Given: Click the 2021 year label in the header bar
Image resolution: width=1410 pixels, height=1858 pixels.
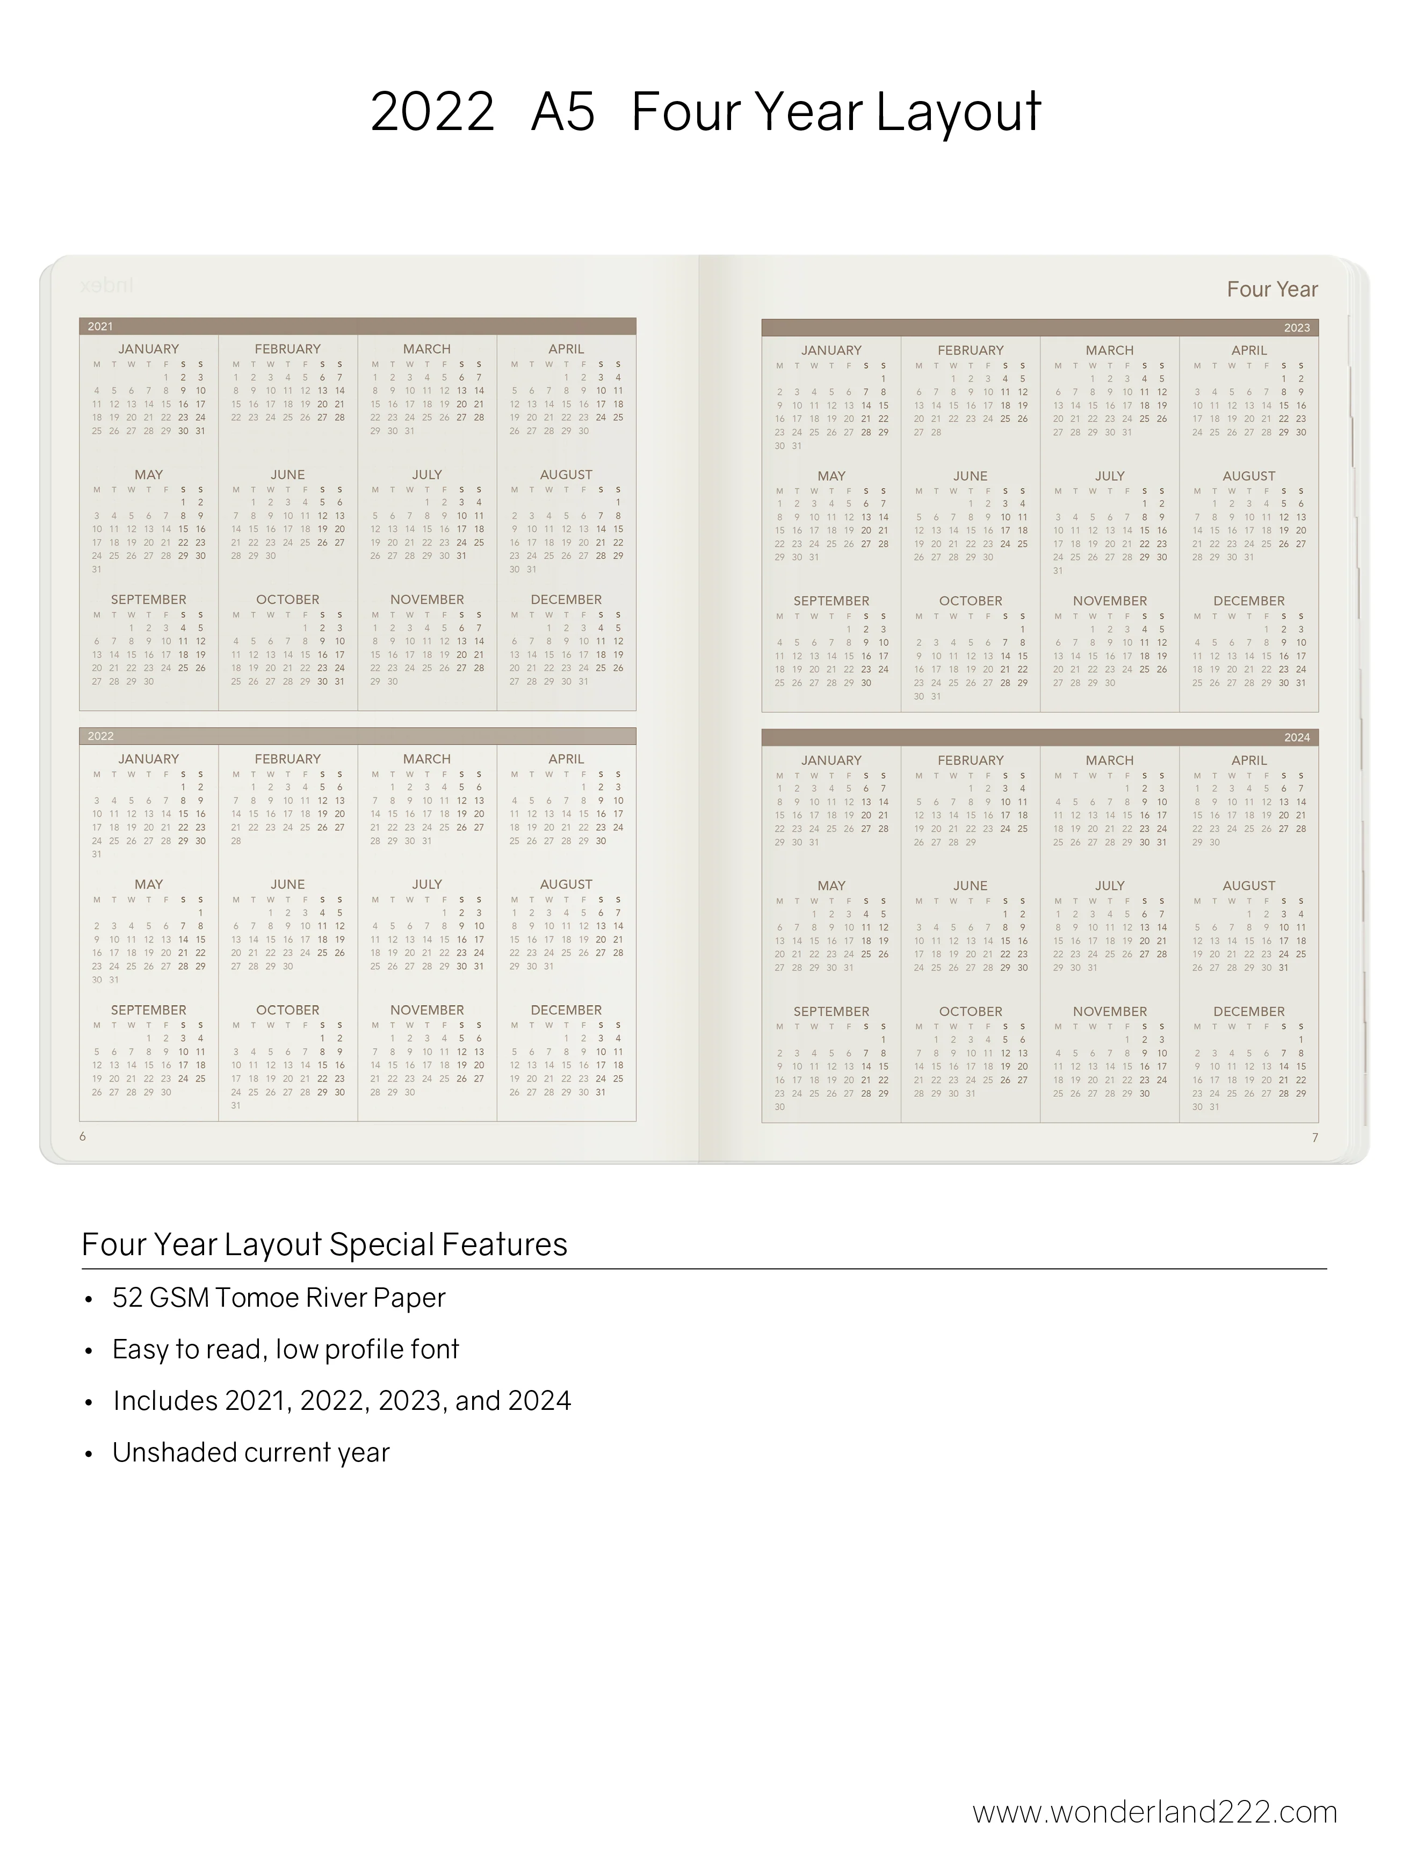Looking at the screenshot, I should tap(100, 327).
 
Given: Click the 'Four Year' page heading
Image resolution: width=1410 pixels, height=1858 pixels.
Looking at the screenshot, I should tap(1271, 290).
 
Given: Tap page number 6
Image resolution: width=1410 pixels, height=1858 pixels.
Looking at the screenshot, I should tap(82, 1136).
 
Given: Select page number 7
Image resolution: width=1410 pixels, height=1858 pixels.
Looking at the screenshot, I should tap(1315, 1137).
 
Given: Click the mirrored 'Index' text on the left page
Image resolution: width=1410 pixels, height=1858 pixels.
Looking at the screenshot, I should tap(107, 286).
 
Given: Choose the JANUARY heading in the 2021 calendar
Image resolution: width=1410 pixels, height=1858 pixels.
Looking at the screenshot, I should tap(149, 349).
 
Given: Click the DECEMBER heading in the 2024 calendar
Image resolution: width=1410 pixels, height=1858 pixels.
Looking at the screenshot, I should tap(1249, 1011).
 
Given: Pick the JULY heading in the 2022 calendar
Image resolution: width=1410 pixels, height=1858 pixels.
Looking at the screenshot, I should tap(426, 884).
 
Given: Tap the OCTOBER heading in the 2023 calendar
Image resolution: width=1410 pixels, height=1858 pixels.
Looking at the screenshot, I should tap(970, 601).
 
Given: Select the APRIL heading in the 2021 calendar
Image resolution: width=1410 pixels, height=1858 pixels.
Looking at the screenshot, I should tap(566, 349).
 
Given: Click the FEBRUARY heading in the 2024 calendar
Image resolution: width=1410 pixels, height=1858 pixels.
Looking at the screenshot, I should tap(970, 760).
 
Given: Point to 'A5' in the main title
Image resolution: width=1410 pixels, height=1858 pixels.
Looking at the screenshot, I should tap(562, 112).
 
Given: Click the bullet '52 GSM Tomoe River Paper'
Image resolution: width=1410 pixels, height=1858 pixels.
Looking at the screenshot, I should tap(279, 1298).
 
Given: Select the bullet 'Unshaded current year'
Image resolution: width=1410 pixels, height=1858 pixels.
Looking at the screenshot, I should tap(251, 1452).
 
